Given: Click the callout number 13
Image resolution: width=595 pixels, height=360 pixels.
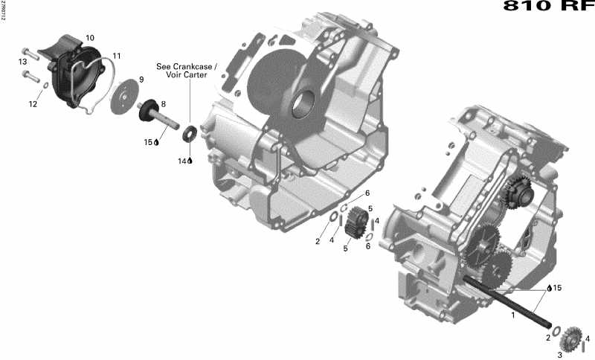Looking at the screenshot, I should pyautogui.click(x=23, y=61).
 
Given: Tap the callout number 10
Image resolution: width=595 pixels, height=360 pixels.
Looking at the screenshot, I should pyautogui.click(x=89, y=38).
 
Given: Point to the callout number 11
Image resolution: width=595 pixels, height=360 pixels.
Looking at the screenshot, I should pyautogui.click(x=117, y=56).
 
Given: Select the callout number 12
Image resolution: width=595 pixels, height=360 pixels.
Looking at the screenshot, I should pyautogui.click(x=33, y=104).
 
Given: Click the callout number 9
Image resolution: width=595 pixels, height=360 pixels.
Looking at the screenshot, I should pyautogui.click(x=141, y=80).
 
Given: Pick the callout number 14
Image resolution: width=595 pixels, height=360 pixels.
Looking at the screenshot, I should pyautogui.click(x=181, y=161).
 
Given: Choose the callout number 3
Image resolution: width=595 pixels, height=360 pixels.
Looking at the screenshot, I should pyautogui.click(x=560, y=355).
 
